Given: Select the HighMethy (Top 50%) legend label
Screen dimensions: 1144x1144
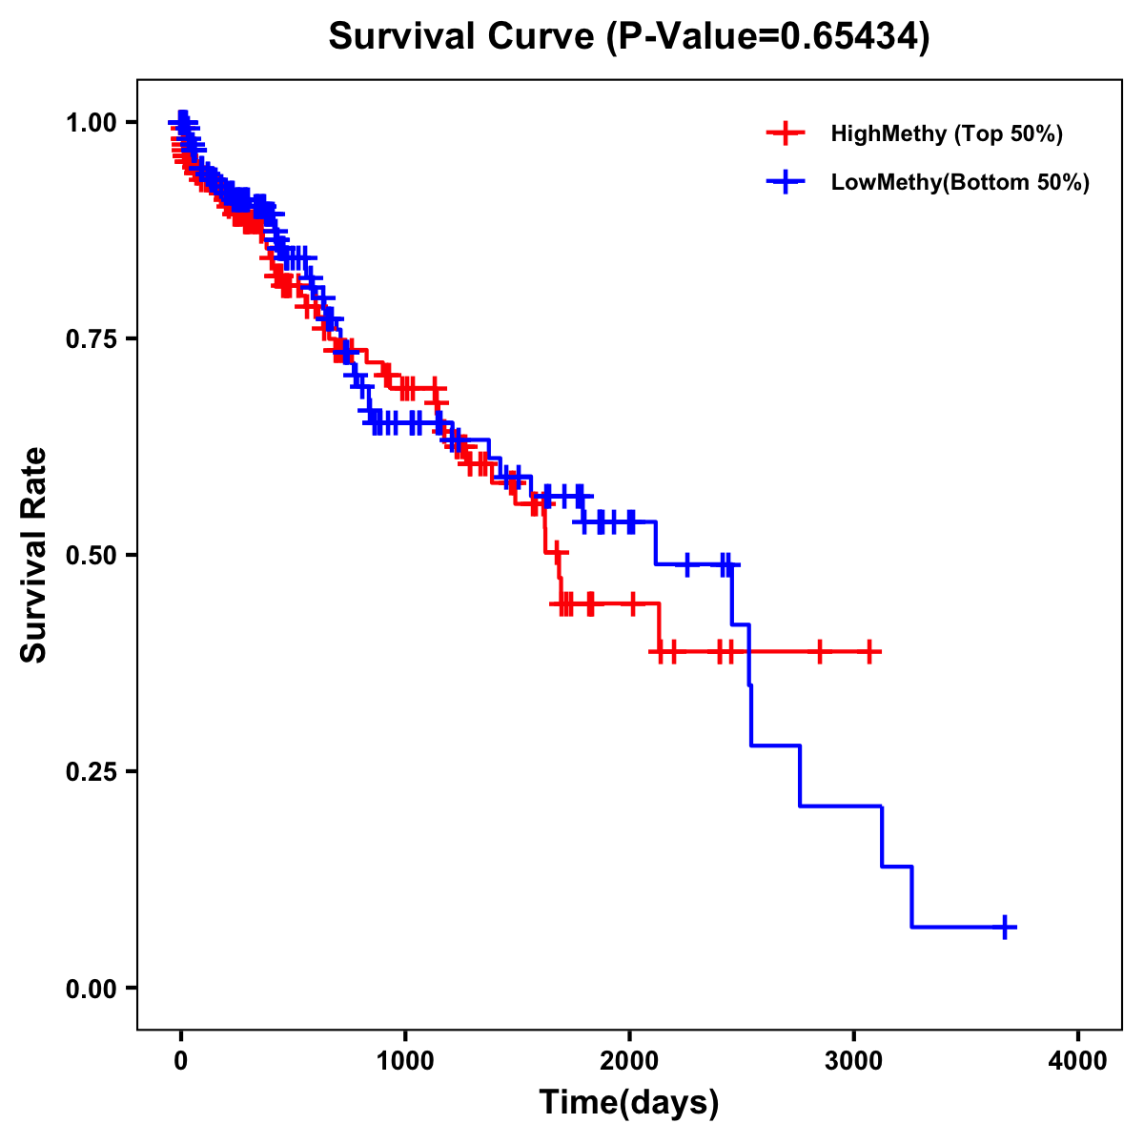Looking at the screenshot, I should [x=946, y=133].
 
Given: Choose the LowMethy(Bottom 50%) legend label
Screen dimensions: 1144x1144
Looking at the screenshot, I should [x=959, y=182].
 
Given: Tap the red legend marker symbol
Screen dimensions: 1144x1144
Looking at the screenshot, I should [x=786, y=133].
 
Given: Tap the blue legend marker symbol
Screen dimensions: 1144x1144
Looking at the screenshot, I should [x=786, y=182].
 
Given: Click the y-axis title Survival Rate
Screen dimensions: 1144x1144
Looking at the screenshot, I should [x=34, y=554].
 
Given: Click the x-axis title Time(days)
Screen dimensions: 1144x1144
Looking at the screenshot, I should [x=628, y=1103].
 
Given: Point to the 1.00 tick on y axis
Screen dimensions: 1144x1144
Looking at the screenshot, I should [x=91, y=123].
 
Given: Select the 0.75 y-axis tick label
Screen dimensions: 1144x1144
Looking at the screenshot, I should [x=91, y=339].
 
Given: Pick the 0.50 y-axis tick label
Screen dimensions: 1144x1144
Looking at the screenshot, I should [x=91, y=555].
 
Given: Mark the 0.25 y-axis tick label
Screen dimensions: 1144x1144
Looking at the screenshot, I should [x=91, y=771].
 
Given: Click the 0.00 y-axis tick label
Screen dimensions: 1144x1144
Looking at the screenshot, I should [x=91, y=988].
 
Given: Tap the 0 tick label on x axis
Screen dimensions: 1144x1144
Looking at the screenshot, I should [x=181, y=1061].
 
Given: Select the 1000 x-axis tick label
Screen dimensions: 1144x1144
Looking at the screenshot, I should [x=405, y=1061].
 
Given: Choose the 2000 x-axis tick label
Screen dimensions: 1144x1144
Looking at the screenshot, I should [x=629, y=1061].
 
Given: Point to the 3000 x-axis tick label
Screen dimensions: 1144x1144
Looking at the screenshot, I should [x=854, y=1061].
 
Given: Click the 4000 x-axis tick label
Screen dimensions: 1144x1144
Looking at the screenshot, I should [x=1078, y=1061].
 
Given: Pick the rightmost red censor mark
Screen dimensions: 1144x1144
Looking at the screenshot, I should [x=868, y=652].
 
